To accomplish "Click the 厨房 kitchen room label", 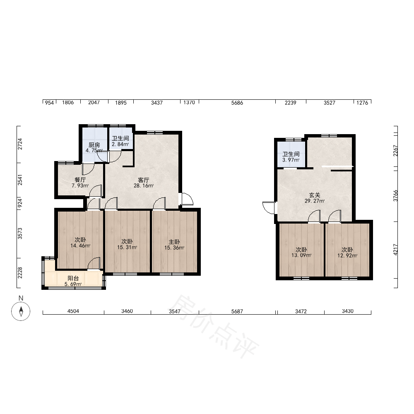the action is [94, 145].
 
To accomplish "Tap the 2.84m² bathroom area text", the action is [120, 144].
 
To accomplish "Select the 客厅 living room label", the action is [144, 180].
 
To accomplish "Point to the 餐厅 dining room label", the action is [80, 180].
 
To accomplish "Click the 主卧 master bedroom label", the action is [174, 242].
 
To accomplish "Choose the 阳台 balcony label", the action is [73, 278].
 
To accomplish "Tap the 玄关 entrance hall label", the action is [315, 195].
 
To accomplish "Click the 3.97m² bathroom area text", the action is [291, 160].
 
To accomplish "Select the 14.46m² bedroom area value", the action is [80, 246].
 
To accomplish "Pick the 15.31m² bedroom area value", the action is [127, 248].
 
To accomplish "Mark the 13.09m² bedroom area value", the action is [301, 255].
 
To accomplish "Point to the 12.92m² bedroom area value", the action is [347, 255].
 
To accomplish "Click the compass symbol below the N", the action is [21, 311].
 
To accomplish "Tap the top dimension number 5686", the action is [237, 103].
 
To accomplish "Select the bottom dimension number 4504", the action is [73, 311].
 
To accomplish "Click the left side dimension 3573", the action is [20, 233].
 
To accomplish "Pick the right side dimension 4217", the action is [395, 250].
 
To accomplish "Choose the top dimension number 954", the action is [49, 103].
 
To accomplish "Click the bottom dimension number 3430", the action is [348, 311].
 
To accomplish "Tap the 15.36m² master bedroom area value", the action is [174, 248].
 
